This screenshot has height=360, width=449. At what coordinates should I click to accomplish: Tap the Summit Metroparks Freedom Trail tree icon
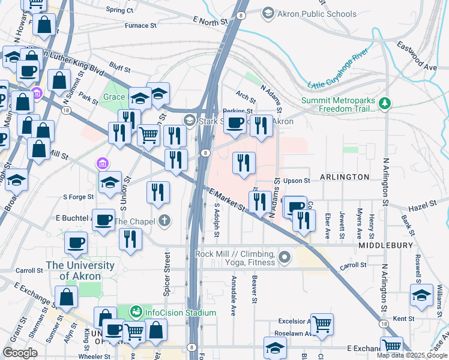385,105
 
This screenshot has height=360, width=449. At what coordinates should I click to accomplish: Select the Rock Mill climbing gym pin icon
285,258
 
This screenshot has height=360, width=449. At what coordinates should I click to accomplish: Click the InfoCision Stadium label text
180,313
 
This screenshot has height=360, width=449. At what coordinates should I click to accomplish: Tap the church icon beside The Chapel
165,221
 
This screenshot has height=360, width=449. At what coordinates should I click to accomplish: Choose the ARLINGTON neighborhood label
345,177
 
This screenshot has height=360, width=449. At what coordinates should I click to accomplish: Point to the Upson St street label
297,180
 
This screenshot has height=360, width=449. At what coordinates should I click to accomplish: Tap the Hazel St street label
421,208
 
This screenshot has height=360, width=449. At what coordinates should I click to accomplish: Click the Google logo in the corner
20,353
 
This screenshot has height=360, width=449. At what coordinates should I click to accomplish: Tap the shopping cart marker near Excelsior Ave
322,325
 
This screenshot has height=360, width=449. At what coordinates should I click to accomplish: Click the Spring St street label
119,10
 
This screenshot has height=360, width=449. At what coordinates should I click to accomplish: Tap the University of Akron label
73,271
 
